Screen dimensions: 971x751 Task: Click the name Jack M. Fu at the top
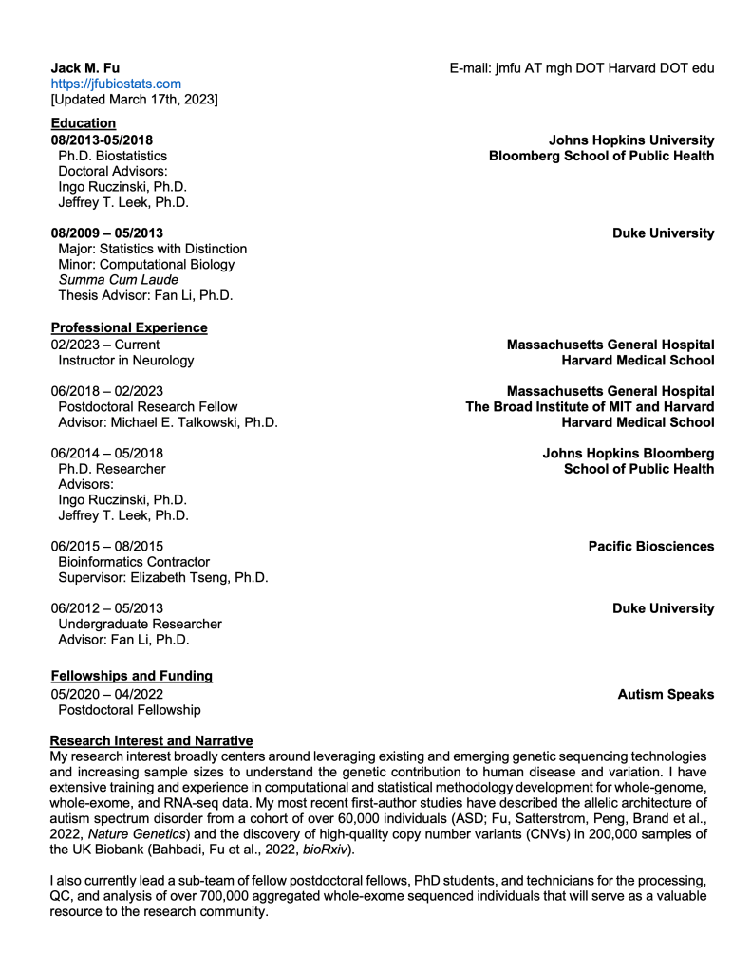[85, 68]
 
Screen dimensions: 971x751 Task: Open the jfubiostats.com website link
[116, 84]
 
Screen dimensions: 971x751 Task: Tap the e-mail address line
[581, 68]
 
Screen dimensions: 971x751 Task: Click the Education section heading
[84, 123]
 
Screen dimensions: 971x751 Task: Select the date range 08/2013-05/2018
[102, 140]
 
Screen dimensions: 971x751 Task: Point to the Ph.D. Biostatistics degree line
[113, 156]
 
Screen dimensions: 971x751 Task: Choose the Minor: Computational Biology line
[146, 264]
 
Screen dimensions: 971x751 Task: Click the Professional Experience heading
[129, 328]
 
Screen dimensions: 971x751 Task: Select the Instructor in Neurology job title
[126, 361]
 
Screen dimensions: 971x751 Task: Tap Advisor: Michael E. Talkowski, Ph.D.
[168, 422]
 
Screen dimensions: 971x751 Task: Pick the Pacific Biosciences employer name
[650, 547]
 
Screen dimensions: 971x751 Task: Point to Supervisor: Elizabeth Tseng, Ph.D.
[163, 577]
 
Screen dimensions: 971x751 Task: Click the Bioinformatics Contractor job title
[134, 562]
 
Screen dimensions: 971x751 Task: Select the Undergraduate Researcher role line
[140, 624]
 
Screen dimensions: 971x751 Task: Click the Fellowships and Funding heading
[132, 676]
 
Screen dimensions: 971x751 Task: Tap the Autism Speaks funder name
[666, 695]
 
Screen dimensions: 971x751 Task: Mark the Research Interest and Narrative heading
[152, 739]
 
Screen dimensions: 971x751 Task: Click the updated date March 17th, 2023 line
[134, 99]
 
